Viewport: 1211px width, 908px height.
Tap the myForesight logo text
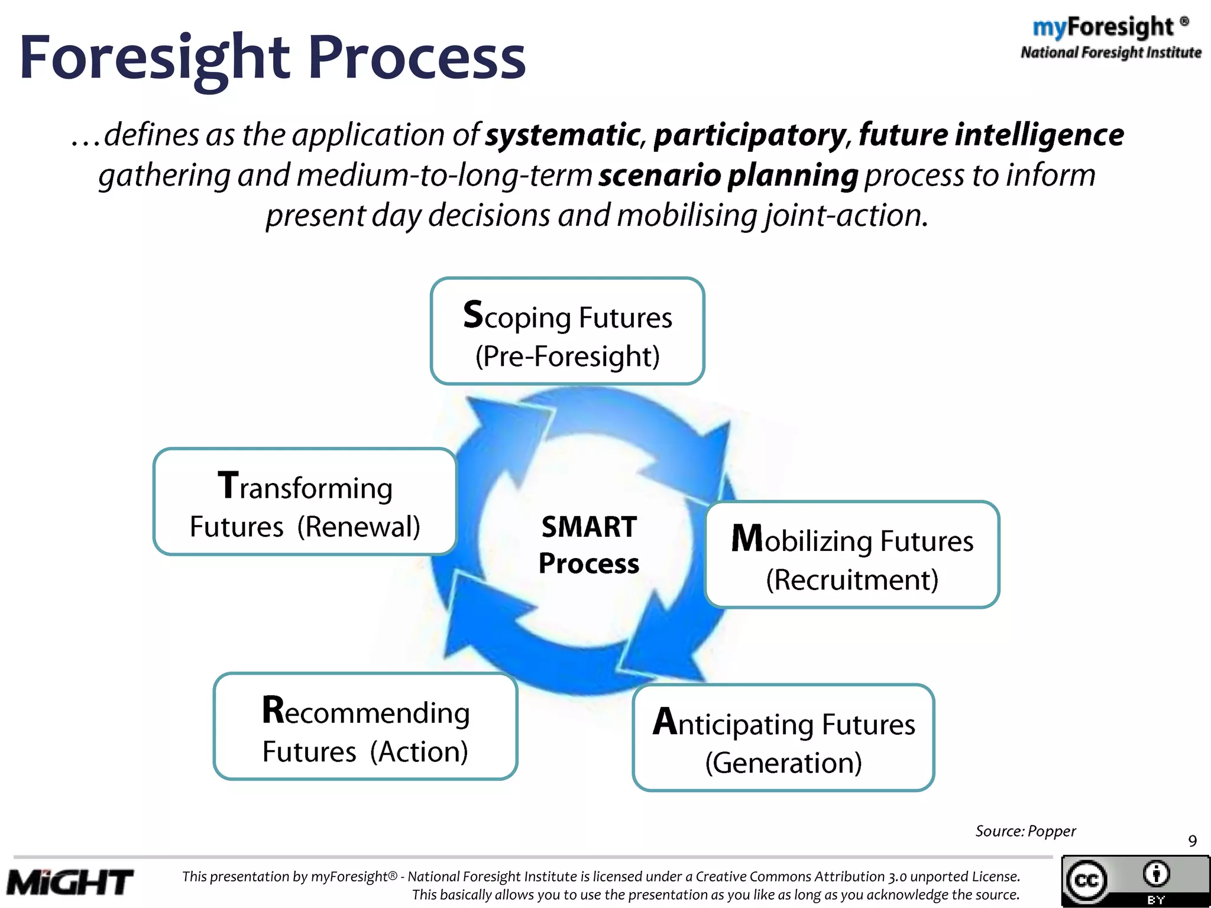click(x=1103, y=27)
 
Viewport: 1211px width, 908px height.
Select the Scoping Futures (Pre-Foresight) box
click(x=567, y=331)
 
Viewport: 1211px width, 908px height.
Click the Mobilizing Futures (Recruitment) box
click(x=851, y=554)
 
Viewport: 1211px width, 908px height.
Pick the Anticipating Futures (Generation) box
click(x=783, y=738)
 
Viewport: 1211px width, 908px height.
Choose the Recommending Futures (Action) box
click(x=365, y=727)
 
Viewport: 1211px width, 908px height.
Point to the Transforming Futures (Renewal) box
click(x=305, y=502)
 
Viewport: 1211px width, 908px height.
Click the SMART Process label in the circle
click(x=589, y=544)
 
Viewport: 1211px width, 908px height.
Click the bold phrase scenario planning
click(x=728, y=176)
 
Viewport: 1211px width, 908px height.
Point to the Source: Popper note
click(x=1025, y=831)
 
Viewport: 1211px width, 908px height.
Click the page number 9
click(x=1192, y=841)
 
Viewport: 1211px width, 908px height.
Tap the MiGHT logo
click(x=70, y=883)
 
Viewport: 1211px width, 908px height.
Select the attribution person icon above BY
click(x=1156, y=874)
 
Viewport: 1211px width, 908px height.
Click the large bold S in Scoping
click(x=473, y=314)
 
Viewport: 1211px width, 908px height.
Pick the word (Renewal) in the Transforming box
click(x=358, y=527)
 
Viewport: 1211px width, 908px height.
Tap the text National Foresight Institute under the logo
click(x=1110, y=53)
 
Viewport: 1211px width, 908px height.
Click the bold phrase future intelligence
click(x=991, y=135)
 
